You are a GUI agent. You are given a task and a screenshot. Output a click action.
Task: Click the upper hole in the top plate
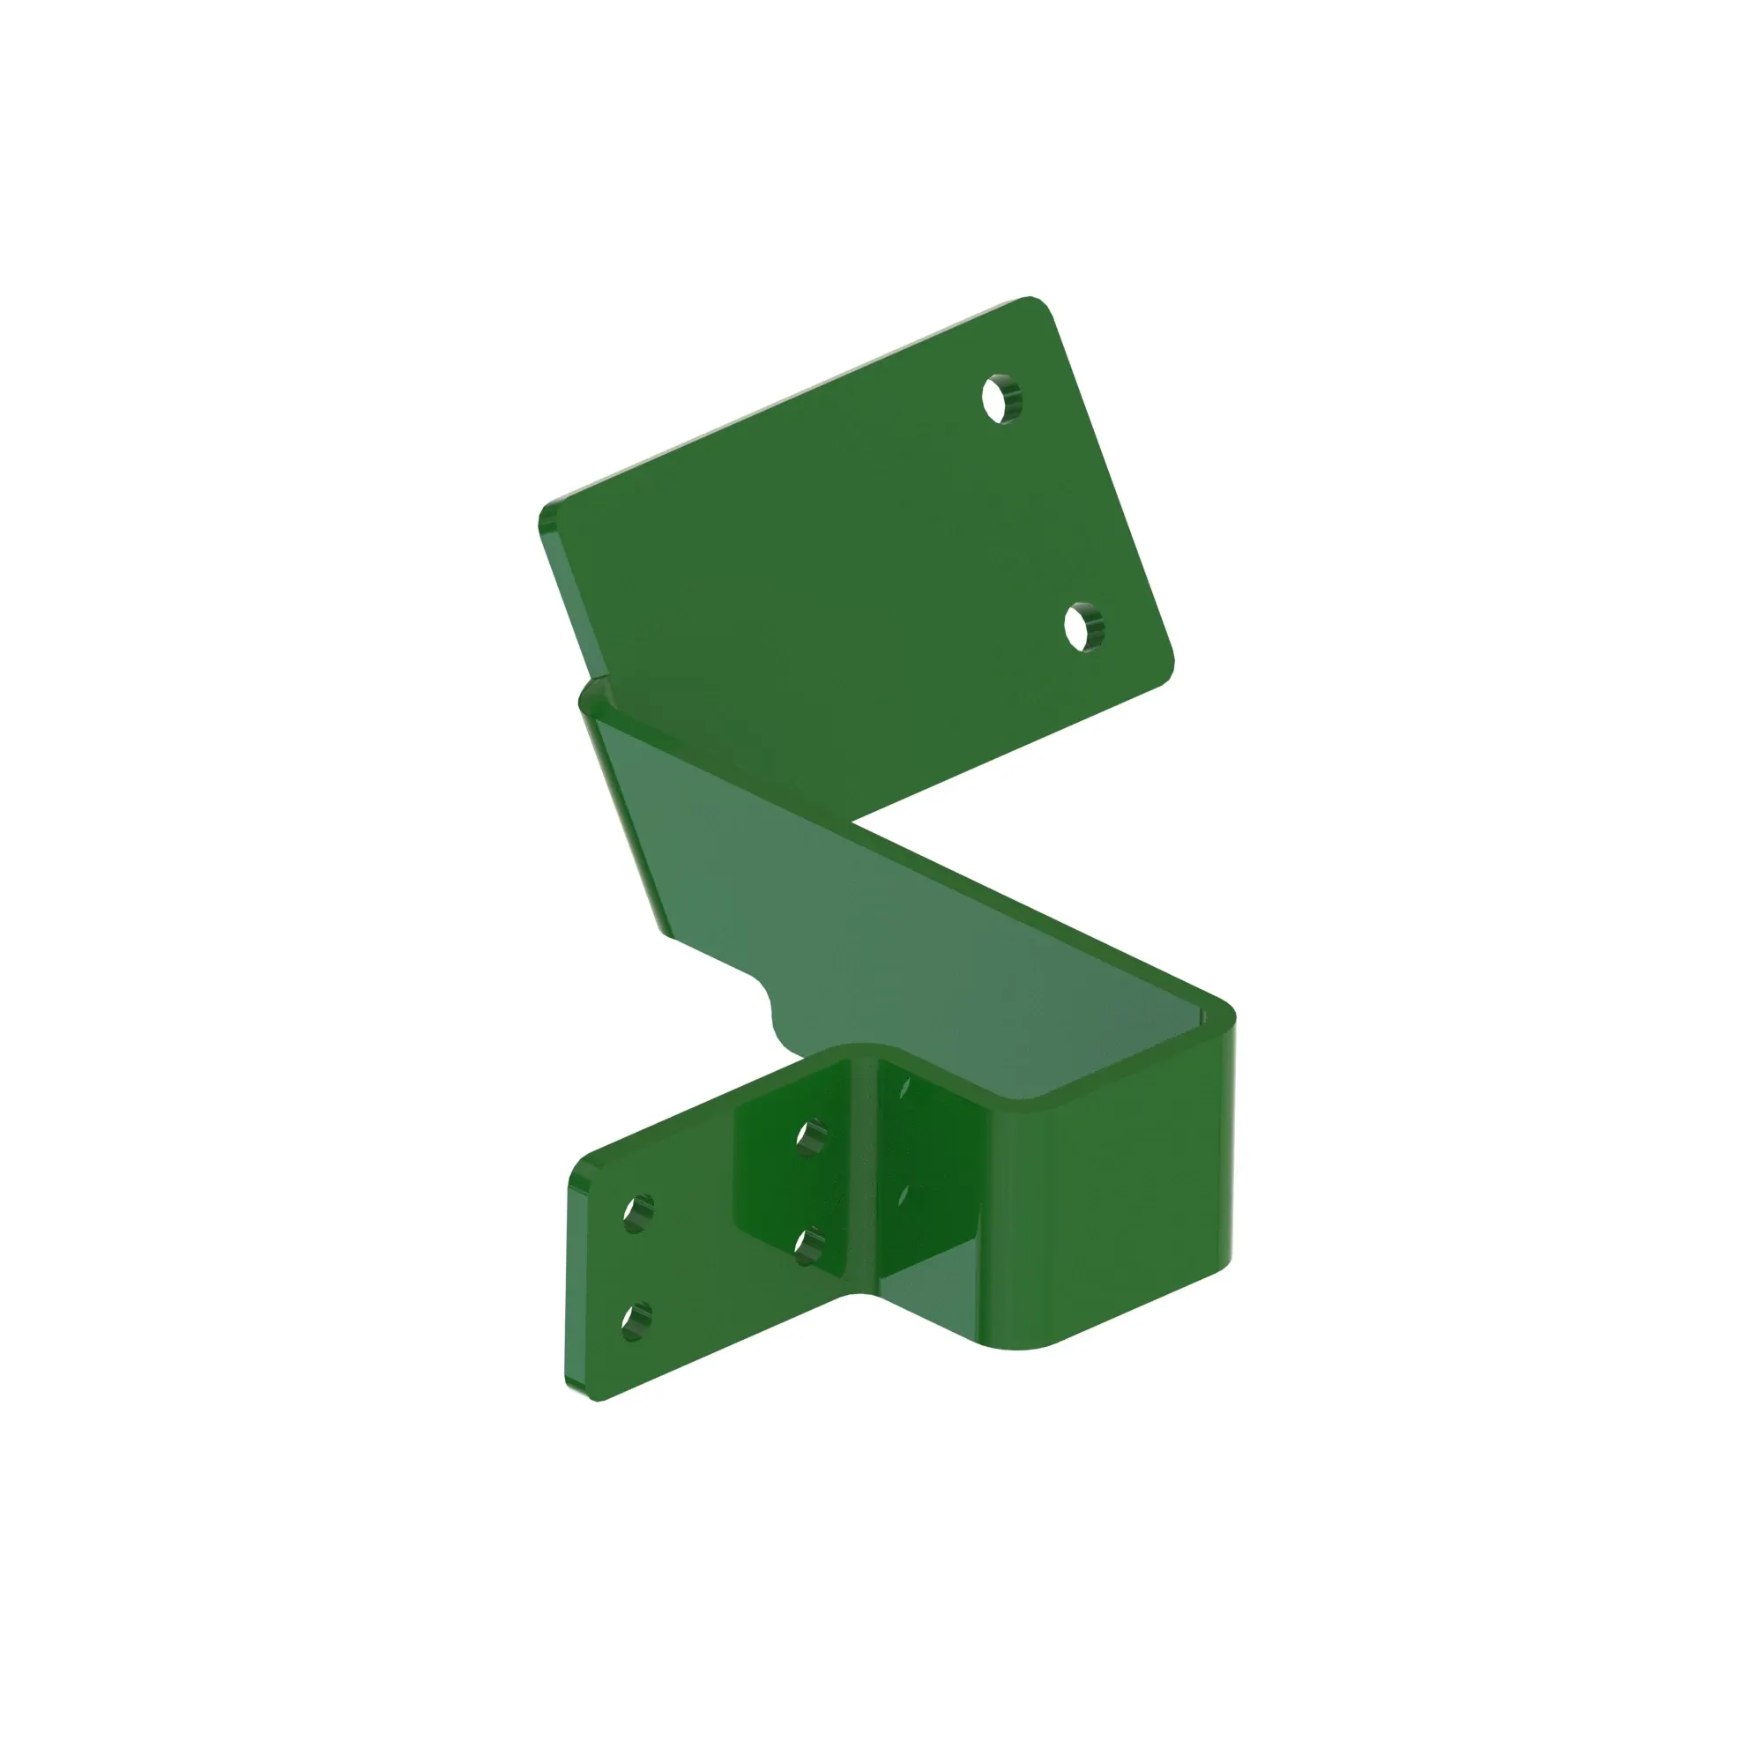pyautogui.click(x=1002, y=399)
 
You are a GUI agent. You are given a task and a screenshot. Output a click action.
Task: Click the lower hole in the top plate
pyautogui.click(x=1084, y=627)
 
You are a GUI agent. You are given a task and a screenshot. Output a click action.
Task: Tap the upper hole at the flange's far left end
pyautogui.click(x=638, y=1213)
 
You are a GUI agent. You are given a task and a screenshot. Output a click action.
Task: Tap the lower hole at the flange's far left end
pyautogui.click(x=636, y=1321)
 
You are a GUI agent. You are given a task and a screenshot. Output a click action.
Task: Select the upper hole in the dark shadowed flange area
pyautogui.click(x=810, y=1139)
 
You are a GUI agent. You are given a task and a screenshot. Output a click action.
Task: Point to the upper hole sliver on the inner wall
pyautogui.click(x=904, y=1087)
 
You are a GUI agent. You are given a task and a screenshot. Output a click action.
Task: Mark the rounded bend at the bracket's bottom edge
pyautogui.click(x=1022, y=1342)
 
